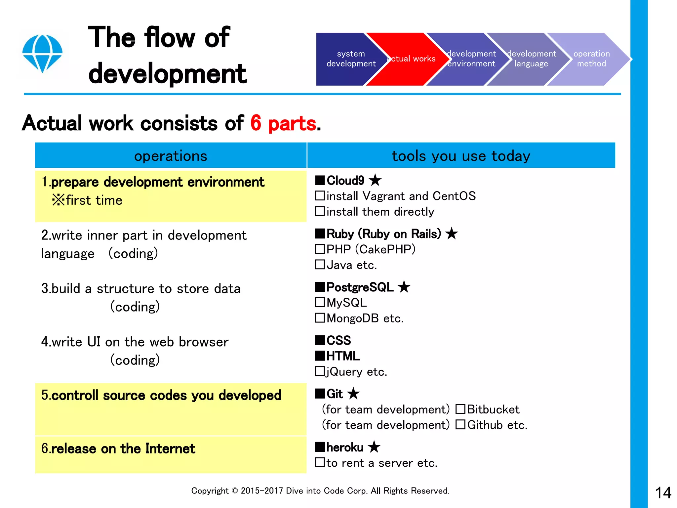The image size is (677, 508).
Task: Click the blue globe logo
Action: point(42,53)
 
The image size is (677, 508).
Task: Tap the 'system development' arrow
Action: point(347,59)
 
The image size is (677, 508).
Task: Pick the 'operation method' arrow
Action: point(588,59)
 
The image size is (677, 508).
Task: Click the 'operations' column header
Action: point(171,156)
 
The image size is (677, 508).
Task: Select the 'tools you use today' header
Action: point(461,156)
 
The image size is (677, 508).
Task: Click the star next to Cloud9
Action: point(375,181)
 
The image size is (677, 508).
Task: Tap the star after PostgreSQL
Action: point(404,287)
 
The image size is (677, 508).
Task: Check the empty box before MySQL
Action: point(320,302)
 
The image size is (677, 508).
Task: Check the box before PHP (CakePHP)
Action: point(320,249)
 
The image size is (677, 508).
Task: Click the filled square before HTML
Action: point(320,356)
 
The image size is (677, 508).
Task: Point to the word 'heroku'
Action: point(345,447)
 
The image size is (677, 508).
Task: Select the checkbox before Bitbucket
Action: point(460,409)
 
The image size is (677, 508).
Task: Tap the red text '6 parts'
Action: point(283,123)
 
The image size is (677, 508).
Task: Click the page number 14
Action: point(663,493)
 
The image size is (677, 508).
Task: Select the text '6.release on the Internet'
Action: point(118,449)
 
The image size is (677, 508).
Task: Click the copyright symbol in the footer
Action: point(235,491)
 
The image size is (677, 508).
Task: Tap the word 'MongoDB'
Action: point(352,318)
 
